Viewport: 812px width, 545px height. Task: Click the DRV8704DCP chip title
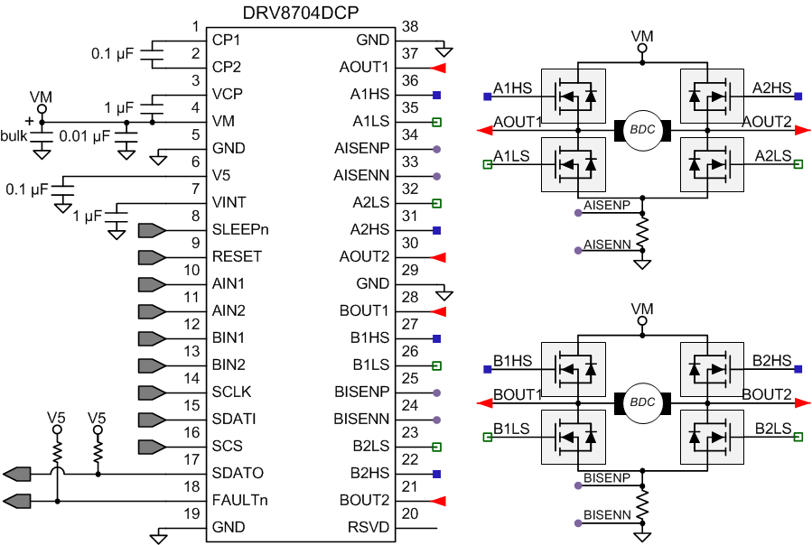(x=298, y=13)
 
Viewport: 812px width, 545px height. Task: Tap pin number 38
(x=409, y=26)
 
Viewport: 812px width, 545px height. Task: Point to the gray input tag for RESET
(x=151, y=256)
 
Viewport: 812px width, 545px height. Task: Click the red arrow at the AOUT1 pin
(x=440, y=68)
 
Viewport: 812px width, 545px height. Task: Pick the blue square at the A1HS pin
(x=436, y=95)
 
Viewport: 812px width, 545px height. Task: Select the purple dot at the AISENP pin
(x=436, y=149)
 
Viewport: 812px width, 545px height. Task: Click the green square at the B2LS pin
(x=436, y=447)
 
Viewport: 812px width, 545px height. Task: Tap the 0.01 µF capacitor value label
(x=84, y=136)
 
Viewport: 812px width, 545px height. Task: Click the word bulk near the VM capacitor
(x=14, y=135)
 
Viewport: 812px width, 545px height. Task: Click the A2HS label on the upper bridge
(x=771, y=88)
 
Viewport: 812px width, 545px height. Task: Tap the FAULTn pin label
(x=238, y=500)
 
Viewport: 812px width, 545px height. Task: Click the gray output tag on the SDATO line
(x=17, y=473)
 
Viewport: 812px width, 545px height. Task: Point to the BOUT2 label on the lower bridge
(x=767, y=394)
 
